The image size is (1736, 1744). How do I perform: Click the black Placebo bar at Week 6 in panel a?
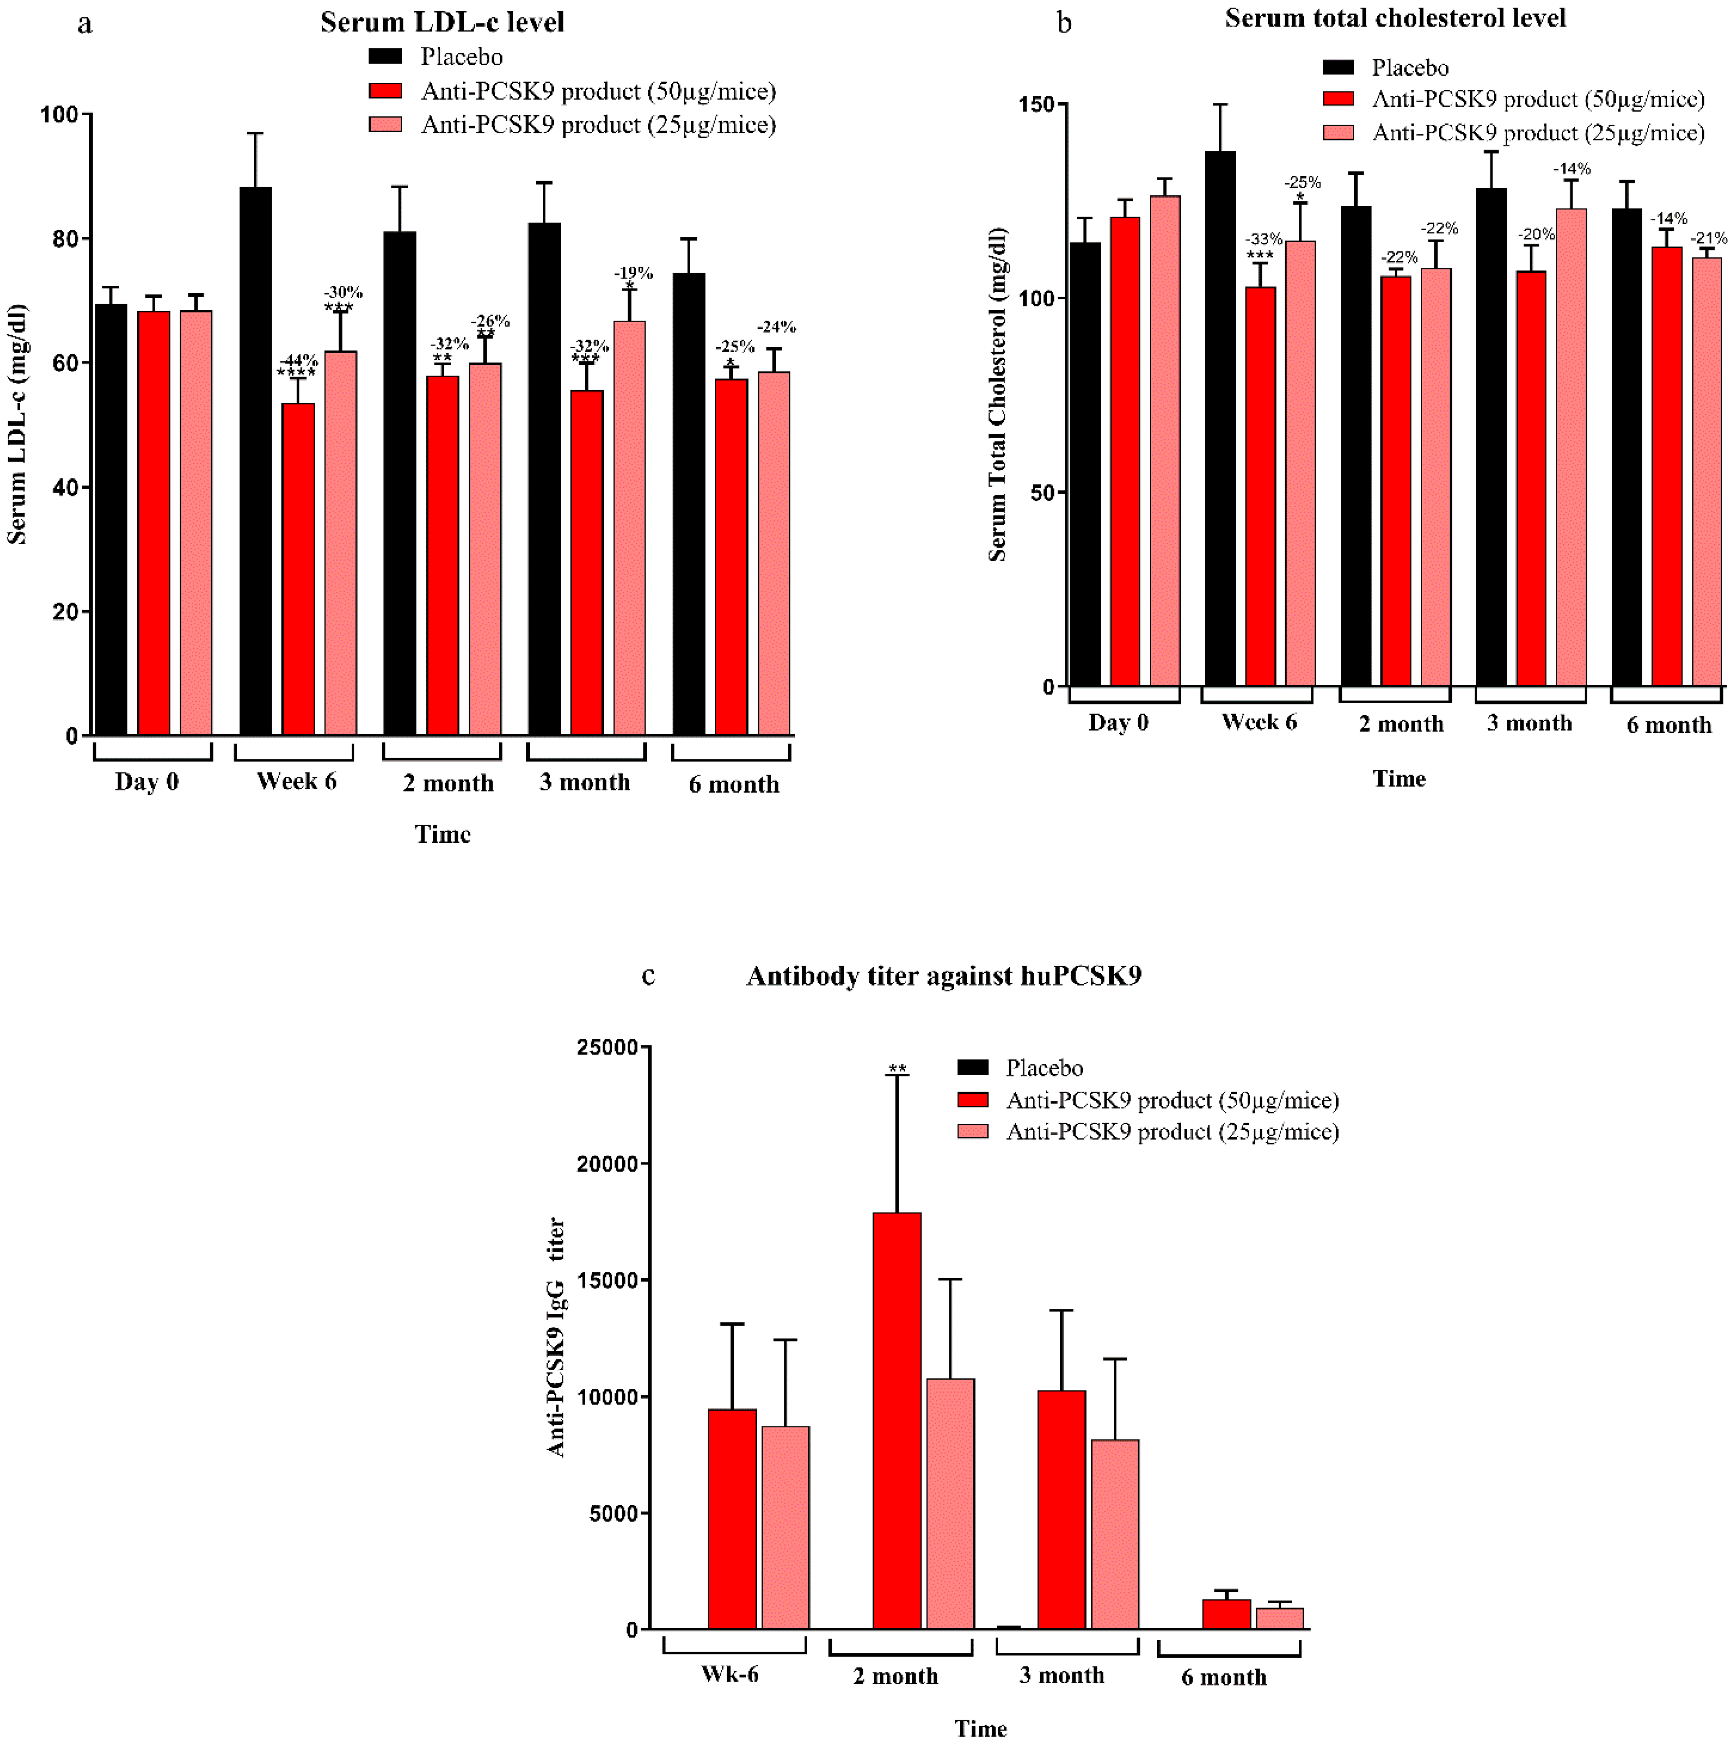pyautogui.click(x=255, y=460)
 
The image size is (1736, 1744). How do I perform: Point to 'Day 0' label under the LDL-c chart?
pyautogui.click(x=147, y=782)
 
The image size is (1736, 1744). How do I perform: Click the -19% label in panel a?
pyautogui.click(x=633, y=272)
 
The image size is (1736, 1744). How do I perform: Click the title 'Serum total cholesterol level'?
pyautogui.click(x=1395, y=18)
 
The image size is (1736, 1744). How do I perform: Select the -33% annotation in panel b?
pyautogui.click(x=1263, y=239)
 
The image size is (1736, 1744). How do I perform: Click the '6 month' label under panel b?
pyautogui.click(x=1668, y=725)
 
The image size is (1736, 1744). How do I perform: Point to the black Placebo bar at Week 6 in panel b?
pyautogui.click(x=1220, y=420)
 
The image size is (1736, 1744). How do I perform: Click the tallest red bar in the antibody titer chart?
pyautogui.click(x=897, y=1422)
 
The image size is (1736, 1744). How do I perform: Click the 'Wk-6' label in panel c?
pyautogui.click(x=730, y=1675)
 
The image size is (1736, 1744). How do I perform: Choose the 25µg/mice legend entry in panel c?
pyautogui.click(x=1171, y=1132)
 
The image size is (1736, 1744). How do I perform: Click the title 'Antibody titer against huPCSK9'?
pyautogui.click(x=944, y=976)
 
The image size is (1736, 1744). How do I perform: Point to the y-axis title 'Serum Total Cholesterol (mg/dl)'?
pyautogui.click(x=997, y=395)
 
